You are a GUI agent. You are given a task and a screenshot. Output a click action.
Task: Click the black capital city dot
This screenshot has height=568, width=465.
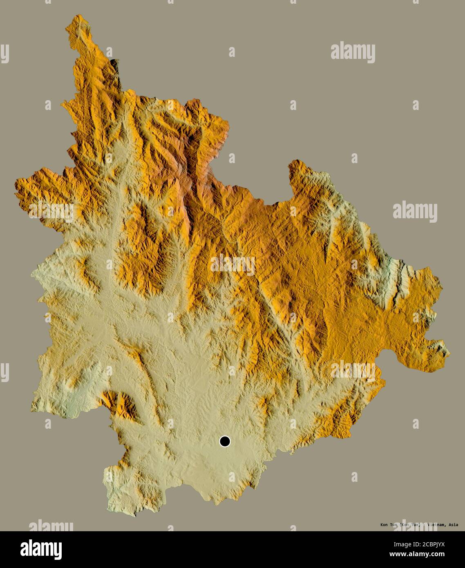tap(225, 441)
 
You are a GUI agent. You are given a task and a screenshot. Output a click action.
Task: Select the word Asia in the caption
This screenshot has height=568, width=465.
tap(453, 525)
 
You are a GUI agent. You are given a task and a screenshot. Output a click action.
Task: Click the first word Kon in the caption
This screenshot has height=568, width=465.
tap(385, 525)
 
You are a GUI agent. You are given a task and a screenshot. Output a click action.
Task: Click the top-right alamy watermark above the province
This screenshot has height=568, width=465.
tap(353, 53)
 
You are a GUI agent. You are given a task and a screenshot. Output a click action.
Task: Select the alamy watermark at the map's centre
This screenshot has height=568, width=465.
tap(232, 265)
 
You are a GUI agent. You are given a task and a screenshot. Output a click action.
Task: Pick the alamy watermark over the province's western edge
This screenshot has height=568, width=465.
tap(51, 212)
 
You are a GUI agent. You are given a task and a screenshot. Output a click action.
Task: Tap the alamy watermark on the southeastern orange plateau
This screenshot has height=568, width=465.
tap(353, 370)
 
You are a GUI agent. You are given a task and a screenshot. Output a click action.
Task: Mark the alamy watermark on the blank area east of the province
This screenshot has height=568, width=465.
tap(415, 211)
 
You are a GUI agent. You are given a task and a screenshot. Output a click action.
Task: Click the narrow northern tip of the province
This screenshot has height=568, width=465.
tap(76, 18)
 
